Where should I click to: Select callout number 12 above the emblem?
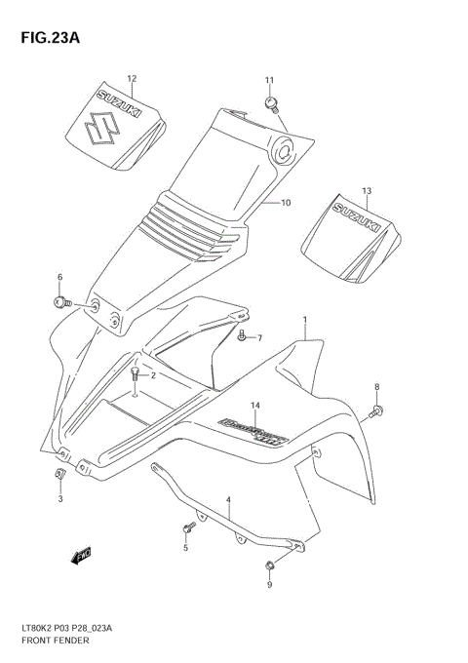(132, 78)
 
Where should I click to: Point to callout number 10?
(286, 203)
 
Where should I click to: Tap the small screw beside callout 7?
(241, 336)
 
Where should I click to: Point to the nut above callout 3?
(59, 474)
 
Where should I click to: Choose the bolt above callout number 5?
(185, 529)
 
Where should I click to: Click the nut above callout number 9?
(269, 566)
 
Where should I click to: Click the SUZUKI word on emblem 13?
(357, 216)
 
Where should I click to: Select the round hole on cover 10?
(285, 149)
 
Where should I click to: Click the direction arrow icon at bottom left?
(82, 557)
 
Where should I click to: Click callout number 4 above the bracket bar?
(228, 500)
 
